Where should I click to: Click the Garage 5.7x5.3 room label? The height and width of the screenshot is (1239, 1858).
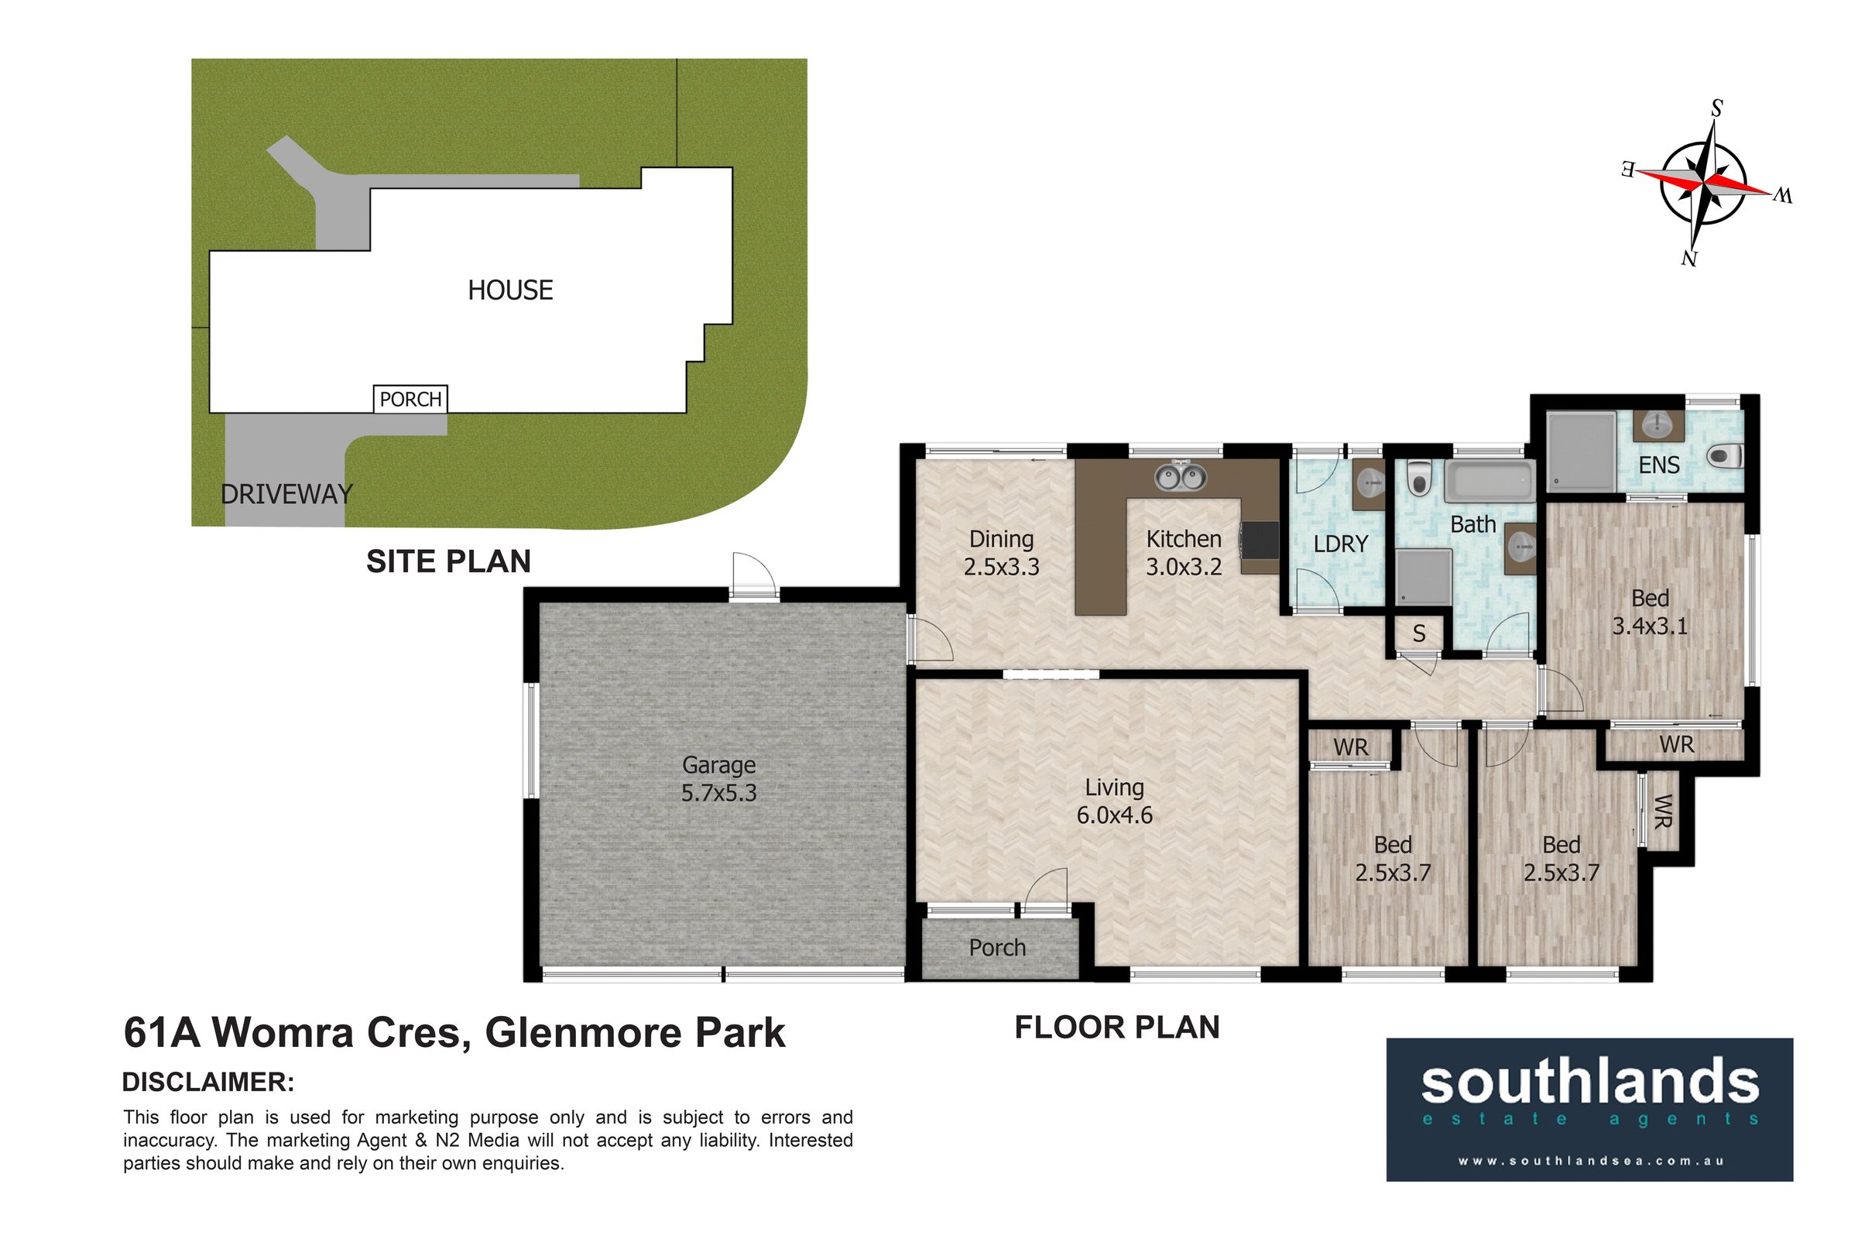click(x=719, y=778)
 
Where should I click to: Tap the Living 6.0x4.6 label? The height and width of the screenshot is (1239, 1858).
click(x=1115, y=801)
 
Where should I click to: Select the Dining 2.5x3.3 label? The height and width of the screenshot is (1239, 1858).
click(x=1002, y=552)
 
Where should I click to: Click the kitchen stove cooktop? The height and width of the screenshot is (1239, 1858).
click(x=1260, y=541)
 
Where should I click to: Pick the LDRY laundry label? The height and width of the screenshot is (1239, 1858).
click(x=1341, y=544)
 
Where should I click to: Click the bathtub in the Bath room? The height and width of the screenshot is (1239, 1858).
click(x=1489, y=482)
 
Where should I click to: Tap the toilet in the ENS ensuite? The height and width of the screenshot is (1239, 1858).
click(x=1726, y=456)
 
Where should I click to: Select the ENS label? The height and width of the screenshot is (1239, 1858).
click(x=1659, y=465)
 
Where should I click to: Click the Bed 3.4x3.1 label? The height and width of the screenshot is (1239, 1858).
click(x=1650, y=613)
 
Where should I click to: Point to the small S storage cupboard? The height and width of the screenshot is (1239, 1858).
click(x=1419, y=633)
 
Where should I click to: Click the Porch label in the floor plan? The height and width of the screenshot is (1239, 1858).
click(x=997, y=947)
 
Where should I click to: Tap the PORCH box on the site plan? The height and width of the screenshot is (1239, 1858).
click(x=411, y=399)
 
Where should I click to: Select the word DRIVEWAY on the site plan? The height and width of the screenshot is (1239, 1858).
click(x=286, y=495)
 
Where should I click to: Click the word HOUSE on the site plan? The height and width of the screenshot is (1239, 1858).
click(x=510, y=290)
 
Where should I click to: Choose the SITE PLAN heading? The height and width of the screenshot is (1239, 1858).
click(x=449, y=562)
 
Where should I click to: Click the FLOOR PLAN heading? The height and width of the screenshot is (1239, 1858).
click(x=1117, y=1028)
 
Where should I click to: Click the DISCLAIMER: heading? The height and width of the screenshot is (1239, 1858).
click(x=208, y=1083)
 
